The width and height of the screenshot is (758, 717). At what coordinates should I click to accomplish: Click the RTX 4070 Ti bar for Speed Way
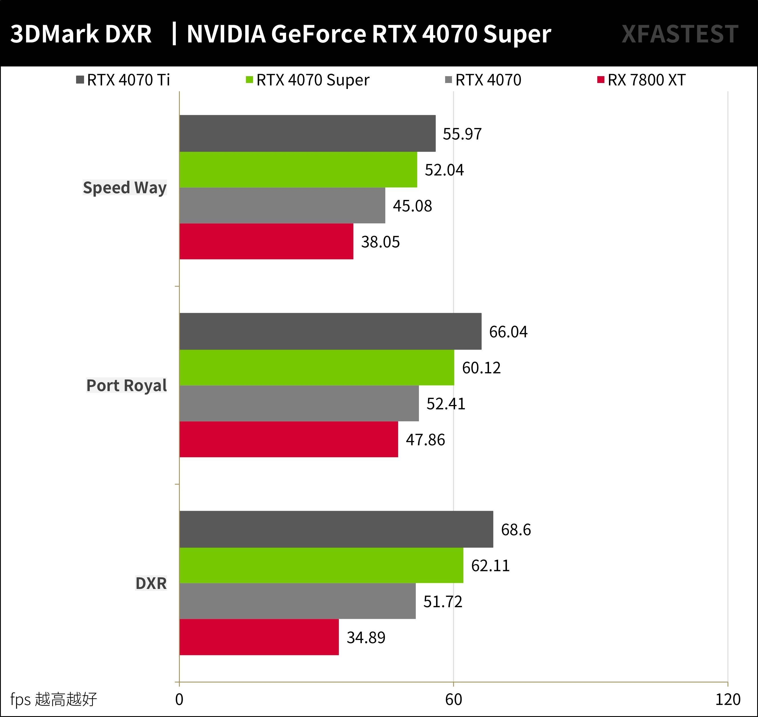pos(307,133)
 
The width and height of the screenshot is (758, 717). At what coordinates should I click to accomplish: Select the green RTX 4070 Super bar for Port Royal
pos(317,367)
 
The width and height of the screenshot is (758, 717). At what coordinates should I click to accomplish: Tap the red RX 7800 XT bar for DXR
pos(259,637)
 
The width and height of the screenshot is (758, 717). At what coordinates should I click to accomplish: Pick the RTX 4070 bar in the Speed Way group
pos(282,205)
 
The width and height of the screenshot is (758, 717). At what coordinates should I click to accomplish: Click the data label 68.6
pos(515,530)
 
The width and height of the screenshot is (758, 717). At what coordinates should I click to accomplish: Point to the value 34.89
pos(366,637)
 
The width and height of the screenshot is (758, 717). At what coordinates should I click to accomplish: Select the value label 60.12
pos(481,368)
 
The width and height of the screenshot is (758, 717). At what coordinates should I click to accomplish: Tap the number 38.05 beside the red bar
pos(380,242)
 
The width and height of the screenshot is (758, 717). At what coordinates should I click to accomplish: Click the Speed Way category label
pos(125,188)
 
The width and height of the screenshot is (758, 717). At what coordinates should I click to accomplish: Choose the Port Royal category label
pos(127,385)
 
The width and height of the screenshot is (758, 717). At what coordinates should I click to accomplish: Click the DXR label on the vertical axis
pos(151,583)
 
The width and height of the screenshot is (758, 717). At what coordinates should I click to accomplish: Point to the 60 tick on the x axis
pos(454,699)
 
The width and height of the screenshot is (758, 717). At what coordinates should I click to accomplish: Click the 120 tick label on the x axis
pos(728,699)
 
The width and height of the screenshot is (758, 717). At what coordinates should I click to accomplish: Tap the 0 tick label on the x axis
pos(179,699)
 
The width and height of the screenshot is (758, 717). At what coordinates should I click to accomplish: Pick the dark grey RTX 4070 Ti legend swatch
pos(80,80)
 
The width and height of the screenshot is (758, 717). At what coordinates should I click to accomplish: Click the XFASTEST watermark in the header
pos(680,34)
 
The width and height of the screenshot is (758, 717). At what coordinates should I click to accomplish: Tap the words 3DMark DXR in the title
pos(81,34)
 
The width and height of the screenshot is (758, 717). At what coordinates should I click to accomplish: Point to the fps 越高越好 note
pos(54,699)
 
